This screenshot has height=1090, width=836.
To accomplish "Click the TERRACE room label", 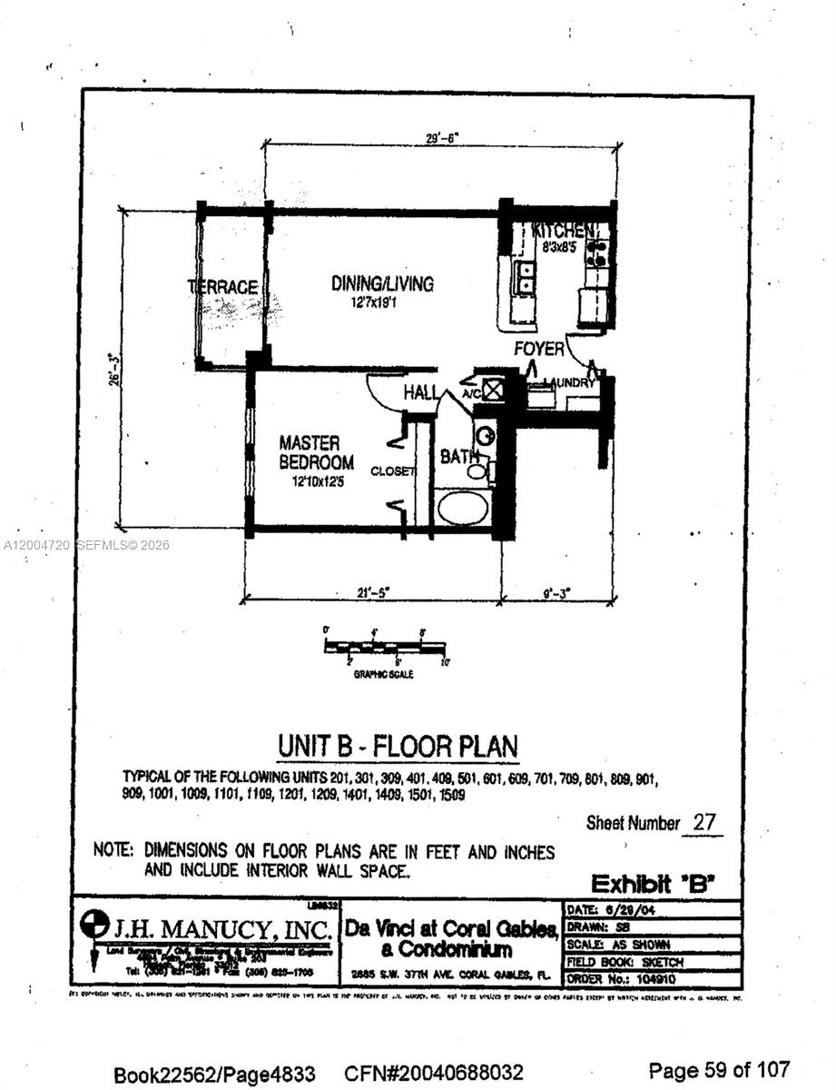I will point(222,287).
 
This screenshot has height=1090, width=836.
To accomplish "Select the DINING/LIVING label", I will point(382,283).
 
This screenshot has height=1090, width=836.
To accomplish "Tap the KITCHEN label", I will point(565,230).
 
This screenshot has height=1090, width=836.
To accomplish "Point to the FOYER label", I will point(538,349).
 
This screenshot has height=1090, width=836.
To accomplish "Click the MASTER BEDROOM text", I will point(310,452).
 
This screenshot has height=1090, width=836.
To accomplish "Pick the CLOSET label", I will point(392,471).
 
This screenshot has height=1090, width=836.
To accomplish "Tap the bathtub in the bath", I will point(464,507).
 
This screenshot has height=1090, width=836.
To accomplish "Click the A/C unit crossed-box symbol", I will point(494,390).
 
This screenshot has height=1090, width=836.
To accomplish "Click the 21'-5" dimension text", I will point(372,593).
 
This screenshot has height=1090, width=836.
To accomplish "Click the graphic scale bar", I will point(386,647).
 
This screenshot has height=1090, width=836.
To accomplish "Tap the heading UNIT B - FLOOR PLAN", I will point(398,747).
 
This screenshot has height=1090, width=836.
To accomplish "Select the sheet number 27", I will point(703,823).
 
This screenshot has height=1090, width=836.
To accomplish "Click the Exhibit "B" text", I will point(654,883).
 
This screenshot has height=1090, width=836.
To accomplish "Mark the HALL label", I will point(421,393).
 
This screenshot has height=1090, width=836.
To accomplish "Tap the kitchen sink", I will point(526,276).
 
